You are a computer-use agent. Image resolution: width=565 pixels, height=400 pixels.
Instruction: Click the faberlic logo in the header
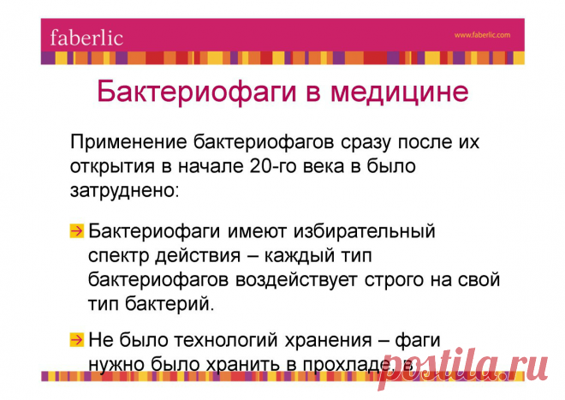point(86,38)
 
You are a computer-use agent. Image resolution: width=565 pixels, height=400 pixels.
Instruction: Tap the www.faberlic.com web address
point(482,35)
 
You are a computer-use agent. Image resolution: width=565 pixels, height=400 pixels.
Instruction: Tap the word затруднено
point(124,188)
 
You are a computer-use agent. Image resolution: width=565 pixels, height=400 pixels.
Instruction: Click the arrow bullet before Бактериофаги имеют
point(77,231)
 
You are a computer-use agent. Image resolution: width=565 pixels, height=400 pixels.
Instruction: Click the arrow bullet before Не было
point(77,339)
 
